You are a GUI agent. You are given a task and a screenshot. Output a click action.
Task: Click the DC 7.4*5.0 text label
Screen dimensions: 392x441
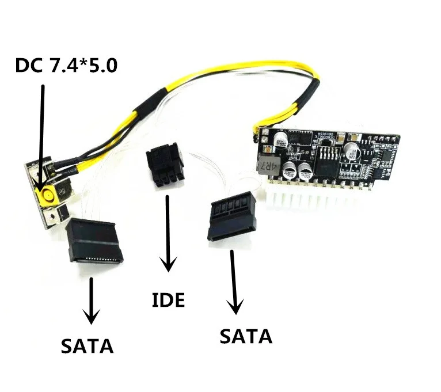point(66,64)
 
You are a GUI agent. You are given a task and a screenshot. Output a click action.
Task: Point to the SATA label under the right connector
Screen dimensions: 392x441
point(245,336)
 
